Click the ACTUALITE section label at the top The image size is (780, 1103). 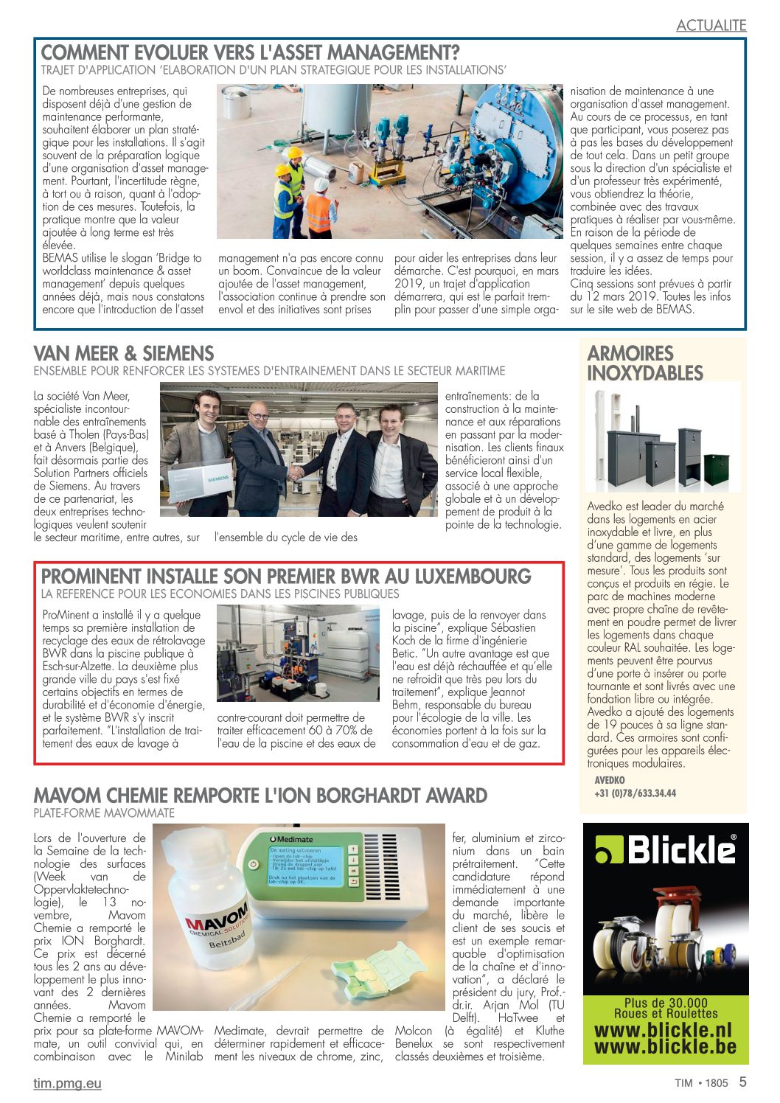click(x=711, y=25)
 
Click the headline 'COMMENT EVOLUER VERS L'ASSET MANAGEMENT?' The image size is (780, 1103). click(x=250, y=53)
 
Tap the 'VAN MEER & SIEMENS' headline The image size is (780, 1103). click(x=124, y=353)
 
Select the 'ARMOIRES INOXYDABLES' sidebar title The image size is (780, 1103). click(x=645, y=363)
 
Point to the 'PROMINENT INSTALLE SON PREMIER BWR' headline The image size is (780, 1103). click(x=286, y=576)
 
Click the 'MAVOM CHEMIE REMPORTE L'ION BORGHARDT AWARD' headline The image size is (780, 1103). click(x=260, y=796)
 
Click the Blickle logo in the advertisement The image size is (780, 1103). click(x=666, y=850)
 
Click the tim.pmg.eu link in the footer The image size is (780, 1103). click(x=67, y=1083)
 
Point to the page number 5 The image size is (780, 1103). click(x=742, y=1082)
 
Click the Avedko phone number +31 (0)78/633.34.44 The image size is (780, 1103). click(x=635, y=793)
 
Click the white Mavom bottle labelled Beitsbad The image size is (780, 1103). click(x=202, y=929)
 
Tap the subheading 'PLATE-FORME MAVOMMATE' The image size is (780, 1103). click(x=104, y=813)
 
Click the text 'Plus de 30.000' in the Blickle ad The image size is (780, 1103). click(x=665, y=1003)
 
